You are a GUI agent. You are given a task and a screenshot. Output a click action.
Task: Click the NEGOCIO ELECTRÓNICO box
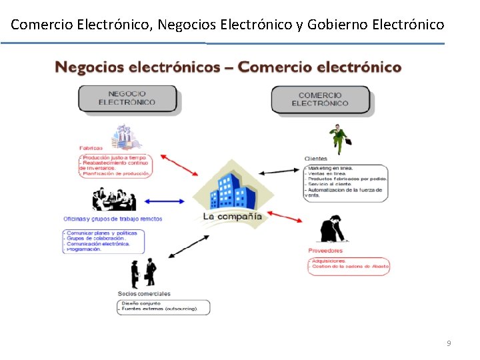127,99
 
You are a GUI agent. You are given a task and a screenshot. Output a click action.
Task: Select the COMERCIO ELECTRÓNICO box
320,99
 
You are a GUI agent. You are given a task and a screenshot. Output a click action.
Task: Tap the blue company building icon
233,190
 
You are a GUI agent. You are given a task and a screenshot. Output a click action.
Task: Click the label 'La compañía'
233,217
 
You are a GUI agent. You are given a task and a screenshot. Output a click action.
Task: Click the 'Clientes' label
316,159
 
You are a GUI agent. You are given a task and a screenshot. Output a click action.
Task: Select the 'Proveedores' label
325,251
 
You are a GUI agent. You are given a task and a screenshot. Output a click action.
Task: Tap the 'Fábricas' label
91,148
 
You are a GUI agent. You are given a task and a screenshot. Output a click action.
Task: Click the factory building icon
126,137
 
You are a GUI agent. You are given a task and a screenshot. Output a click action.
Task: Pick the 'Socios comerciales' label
144,293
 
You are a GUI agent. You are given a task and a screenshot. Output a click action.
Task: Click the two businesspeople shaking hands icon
144,272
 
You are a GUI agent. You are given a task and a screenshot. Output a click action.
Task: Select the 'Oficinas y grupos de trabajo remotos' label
113,219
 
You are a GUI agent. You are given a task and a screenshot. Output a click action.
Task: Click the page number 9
449,343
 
